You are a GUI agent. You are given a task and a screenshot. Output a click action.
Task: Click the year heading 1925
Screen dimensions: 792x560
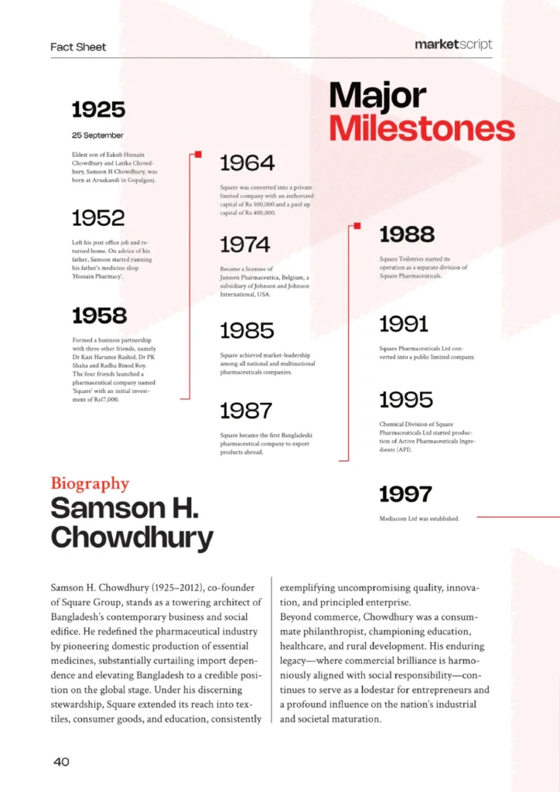point(98,109)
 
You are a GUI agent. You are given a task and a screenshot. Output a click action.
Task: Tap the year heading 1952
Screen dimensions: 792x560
point(98,217)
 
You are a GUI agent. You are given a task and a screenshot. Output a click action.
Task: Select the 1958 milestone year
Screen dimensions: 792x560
point(99,316)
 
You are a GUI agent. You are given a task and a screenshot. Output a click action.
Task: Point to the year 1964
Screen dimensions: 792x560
point(248,163)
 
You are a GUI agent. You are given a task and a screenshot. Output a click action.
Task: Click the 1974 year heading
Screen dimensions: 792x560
point(245,245)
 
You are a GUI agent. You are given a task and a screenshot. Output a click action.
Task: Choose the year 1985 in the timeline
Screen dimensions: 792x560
point(247,331)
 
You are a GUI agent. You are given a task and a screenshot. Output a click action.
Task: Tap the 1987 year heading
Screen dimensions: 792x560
point(246,411)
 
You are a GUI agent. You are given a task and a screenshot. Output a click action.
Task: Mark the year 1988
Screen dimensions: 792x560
point(407,234)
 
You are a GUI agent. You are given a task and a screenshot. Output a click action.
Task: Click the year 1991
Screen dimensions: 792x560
point(404,323)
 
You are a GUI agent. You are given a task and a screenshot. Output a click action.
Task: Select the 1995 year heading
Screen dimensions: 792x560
point(406,400)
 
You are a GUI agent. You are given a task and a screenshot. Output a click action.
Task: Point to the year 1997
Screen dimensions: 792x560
point(405,493)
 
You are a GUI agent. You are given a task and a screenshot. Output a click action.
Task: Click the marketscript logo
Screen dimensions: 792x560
point(453,45)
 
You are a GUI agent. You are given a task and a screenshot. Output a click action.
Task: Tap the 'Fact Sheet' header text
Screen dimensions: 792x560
point(78,47)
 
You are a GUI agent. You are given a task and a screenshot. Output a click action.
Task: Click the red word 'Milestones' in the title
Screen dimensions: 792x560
point(422,128)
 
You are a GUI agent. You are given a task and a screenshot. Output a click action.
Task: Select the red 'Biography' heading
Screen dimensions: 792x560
point(90,483)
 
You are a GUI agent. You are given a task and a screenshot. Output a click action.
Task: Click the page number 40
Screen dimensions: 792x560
point(62,762)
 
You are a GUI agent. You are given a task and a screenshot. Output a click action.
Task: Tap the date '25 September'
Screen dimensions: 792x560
point(97,135)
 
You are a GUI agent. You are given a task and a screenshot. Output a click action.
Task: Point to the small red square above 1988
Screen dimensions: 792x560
point(357,226)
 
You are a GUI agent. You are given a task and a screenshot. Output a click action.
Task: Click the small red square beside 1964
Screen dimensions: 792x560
point(199,155)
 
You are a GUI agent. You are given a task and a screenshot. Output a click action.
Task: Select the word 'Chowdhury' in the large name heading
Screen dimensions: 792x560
point(131,537)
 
